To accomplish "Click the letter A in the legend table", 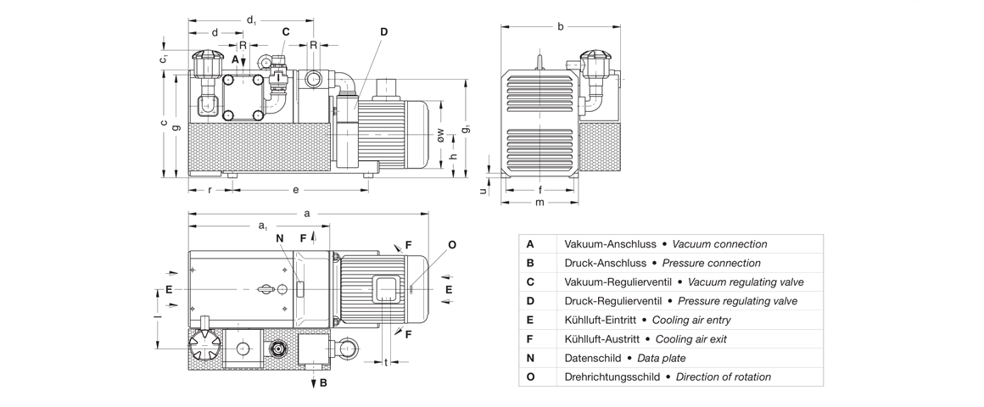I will point(530,244).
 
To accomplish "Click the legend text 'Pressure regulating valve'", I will point(737,301).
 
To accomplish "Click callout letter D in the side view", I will point(383,32).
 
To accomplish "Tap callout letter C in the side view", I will point(286,32).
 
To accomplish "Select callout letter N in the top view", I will point(279,237).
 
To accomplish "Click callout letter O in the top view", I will point(452,244).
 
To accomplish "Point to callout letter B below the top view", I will point(323,382).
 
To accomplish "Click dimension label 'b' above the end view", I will point(561,27).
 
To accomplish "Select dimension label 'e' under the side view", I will point(295,189).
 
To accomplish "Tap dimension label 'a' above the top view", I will point(306,214).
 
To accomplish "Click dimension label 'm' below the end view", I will point(540,202).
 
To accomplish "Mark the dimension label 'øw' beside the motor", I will point(439,135).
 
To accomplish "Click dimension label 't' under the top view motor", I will point(385,362).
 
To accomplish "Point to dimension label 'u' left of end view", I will point(484,191).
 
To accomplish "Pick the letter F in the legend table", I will point(530,339).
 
